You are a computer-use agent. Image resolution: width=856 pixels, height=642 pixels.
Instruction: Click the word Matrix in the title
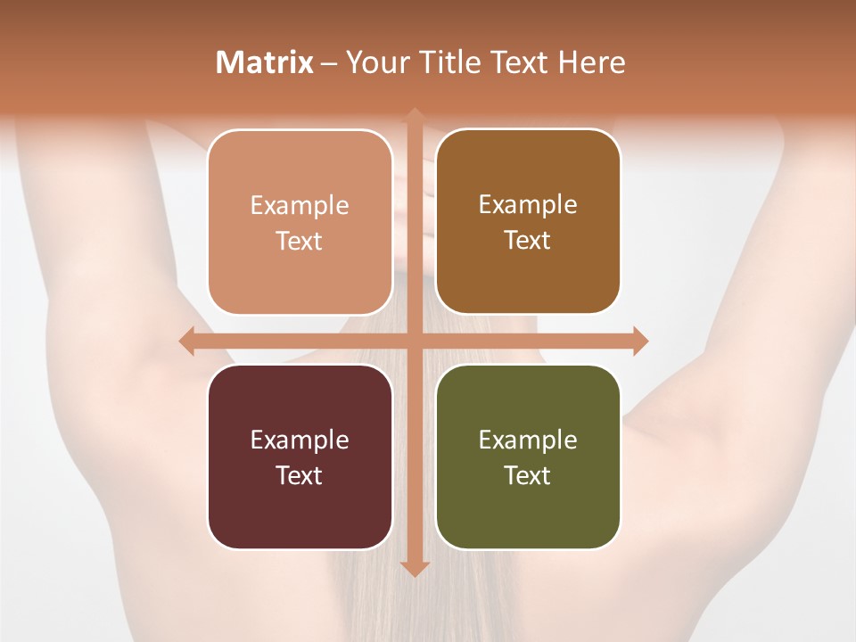click(265, 62)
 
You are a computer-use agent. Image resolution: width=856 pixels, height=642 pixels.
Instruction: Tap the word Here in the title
click(592, 62)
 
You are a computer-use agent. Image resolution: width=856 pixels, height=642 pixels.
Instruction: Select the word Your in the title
click(374, 62)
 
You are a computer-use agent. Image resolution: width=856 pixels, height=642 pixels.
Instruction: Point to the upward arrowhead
click(415, 114)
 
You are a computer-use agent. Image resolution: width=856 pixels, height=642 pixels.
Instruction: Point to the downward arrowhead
click(415, 568)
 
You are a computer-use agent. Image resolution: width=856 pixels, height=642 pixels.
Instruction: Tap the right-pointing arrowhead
click(639, 341)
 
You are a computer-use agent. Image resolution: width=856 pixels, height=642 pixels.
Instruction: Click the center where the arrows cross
click(415, 341)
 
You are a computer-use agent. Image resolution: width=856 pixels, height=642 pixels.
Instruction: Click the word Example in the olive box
click(528, 440)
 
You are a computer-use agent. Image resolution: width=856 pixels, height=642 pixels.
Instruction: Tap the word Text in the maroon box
click(300, 475)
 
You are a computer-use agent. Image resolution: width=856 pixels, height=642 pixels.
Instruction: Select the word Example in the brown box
click(528, 204)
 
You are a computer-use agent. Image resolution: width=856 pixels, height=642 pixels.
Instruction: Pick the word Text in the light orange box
click(300, 241)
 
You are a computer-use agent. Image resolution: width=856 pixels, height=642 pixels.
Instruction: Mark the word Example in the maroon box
click(300, 440)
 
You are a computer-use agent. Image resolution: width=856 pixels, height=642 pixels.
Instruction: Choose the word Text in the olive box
click(528, 475)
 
